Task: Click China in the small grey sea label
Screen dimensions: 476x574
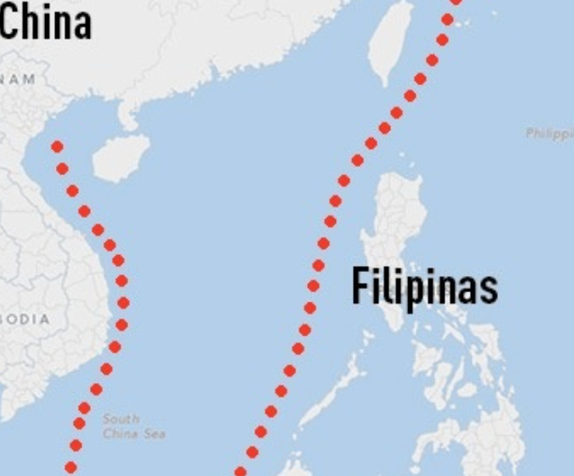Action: [120, 433]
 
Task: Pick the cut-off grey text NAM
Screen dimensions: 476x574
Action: [18, 79]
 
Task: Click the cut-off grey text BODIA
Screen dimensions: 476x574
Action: [25, 319]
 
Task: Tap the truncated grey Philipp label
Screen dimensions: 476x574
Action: [549, 133]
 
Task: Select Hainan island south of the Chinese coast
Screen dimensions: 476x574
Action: [120, 157]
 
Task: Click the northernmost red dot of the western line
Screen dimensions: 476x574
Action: [57, 147]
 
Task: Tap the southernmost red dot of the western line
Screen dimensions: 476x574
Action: [71, 467]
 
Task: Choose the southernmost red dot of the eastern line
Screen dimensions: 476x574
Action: [240, 471]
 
